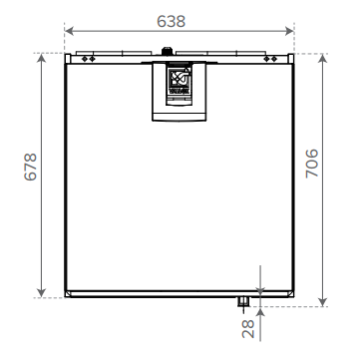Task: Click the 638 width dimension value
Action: tap(180, 20)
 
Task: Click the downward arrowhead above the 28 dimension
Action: tap(258, 289)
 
